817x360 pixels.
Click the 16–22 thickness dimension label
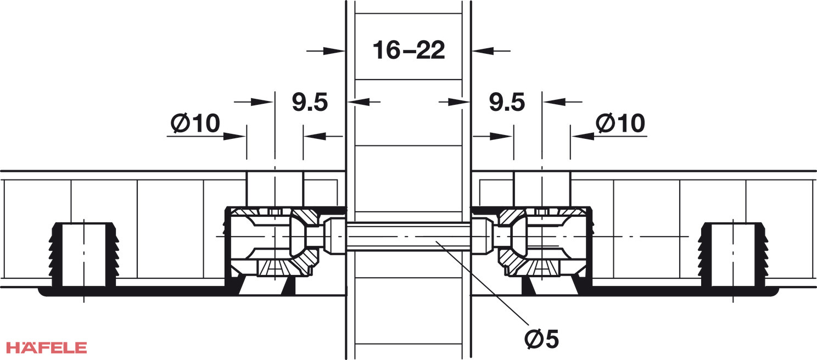pos(408,50)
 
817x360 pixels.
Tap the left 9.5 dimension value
pos(310,102)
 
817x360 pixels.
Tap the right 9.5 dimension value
pos(507,102)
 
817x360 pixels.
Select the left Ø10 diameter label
pos(195,123)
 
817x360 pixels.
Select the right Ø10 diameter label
pos(620,123)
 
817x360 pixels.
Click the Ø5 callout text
pos(541,339)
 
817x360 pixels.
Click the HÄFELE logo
pos(47,347)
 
